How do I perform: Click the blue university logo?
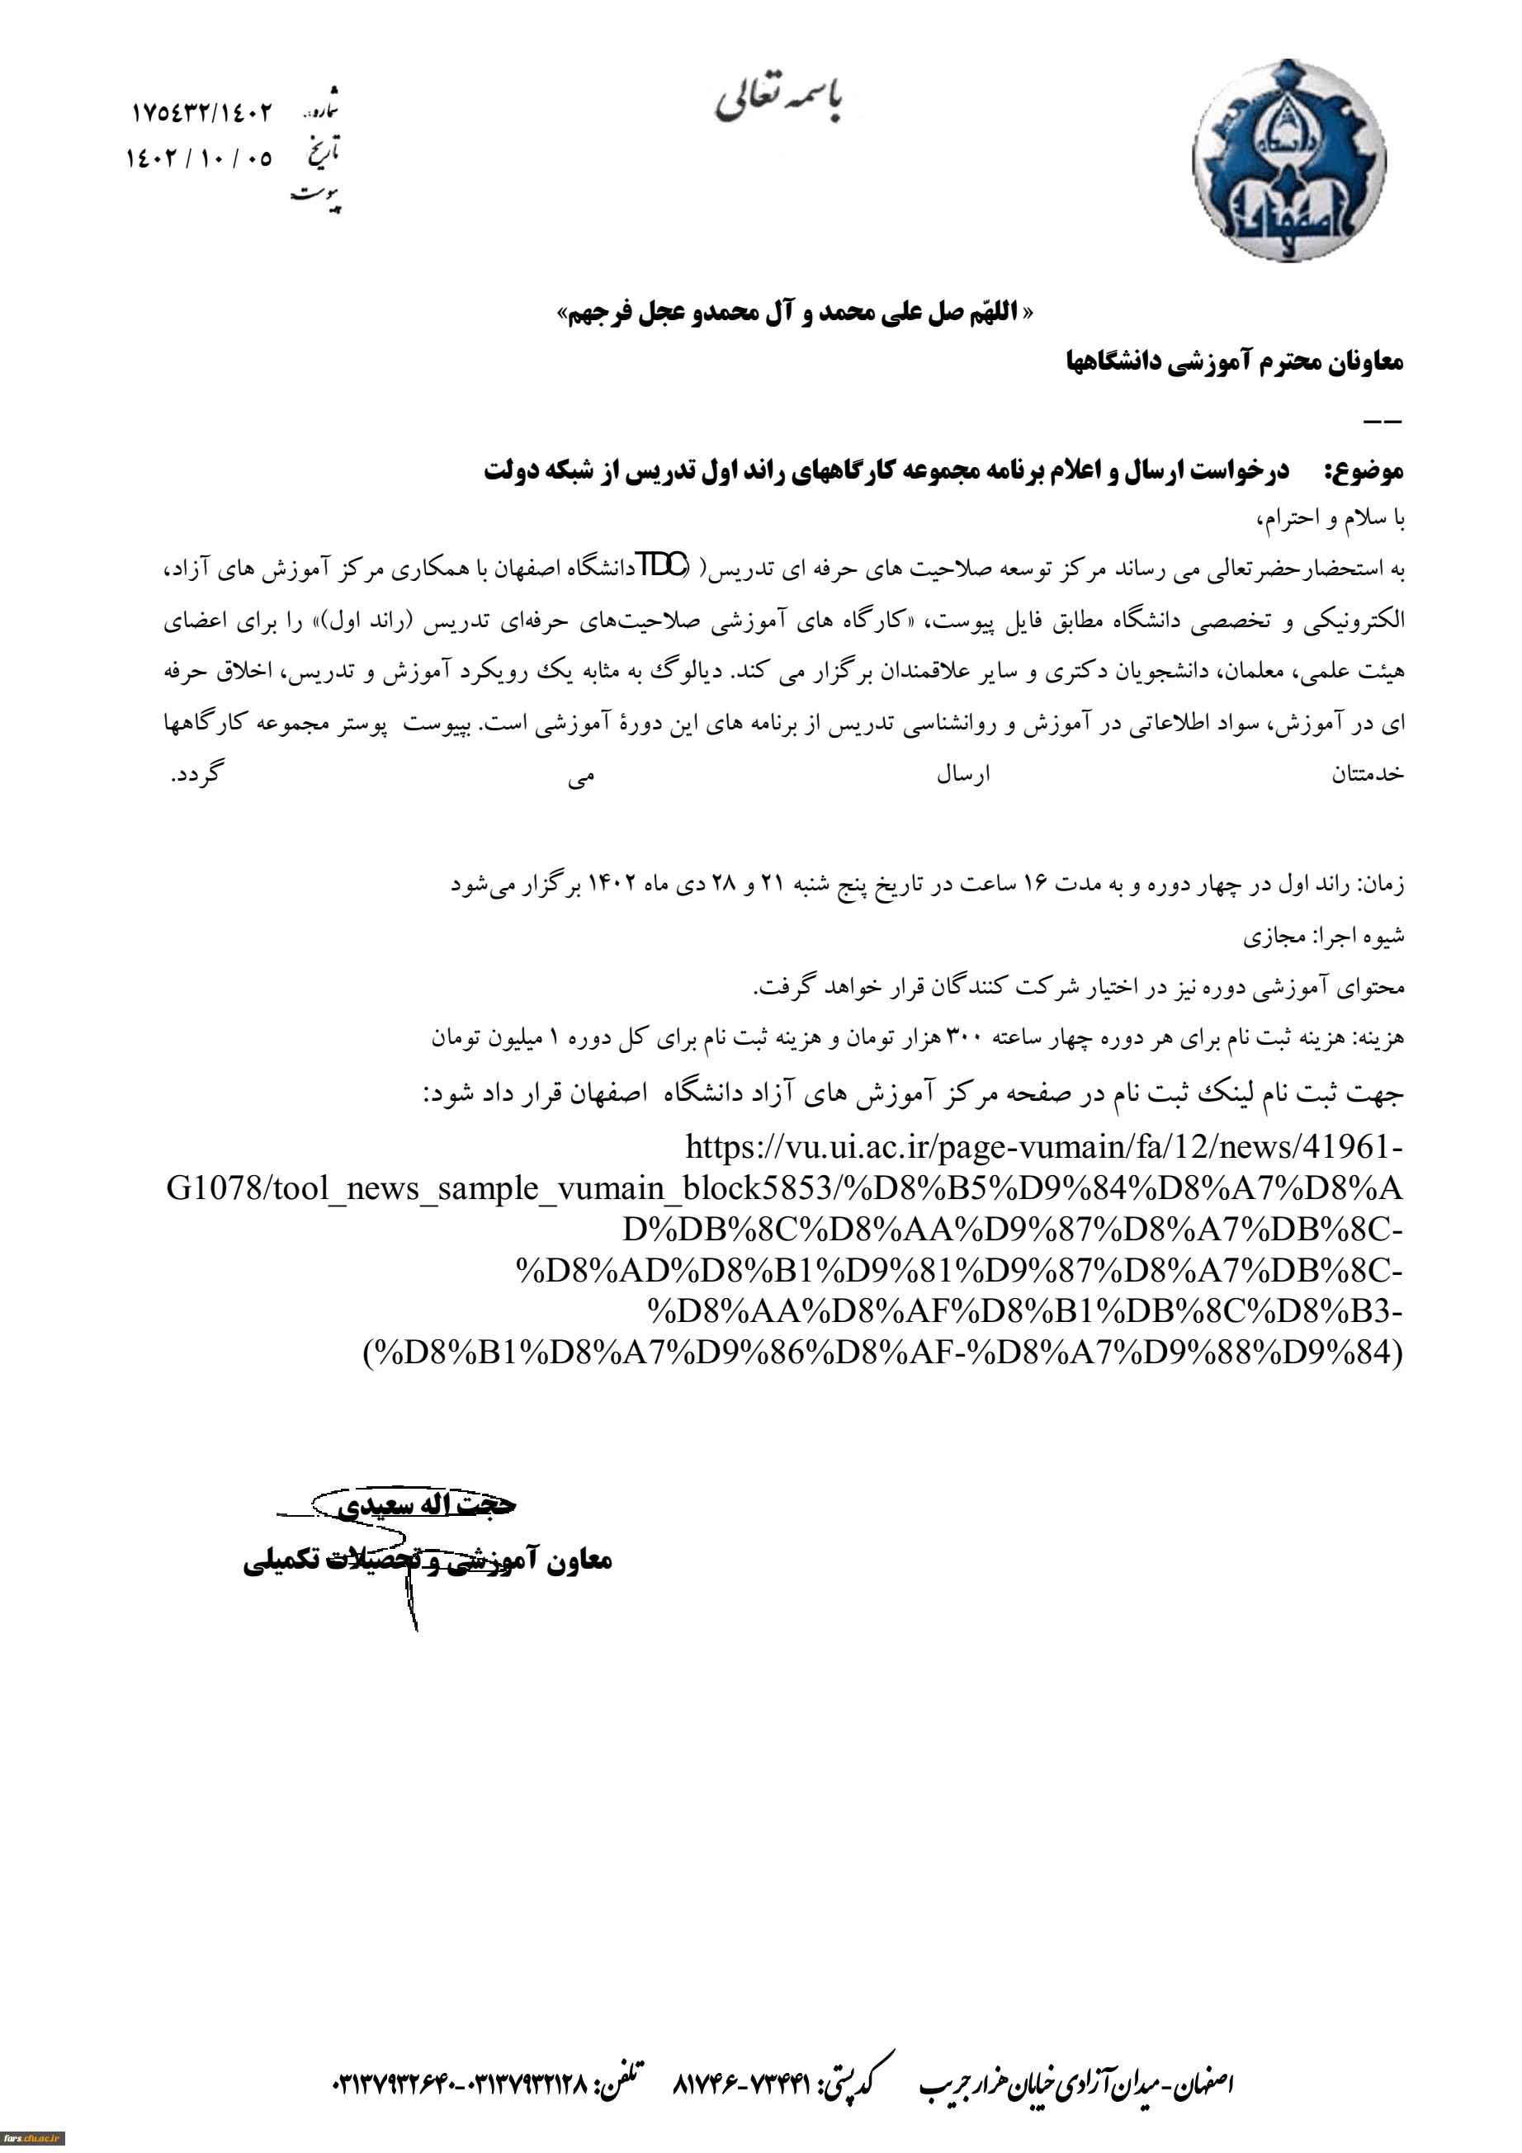1288,160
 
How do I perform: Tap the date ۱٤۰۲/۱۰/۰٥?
199,158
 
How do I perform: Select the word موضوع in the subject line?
1364,470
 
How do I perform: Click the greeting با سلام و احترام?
1331,518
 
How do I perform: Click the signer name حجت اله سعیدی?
427,1506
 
